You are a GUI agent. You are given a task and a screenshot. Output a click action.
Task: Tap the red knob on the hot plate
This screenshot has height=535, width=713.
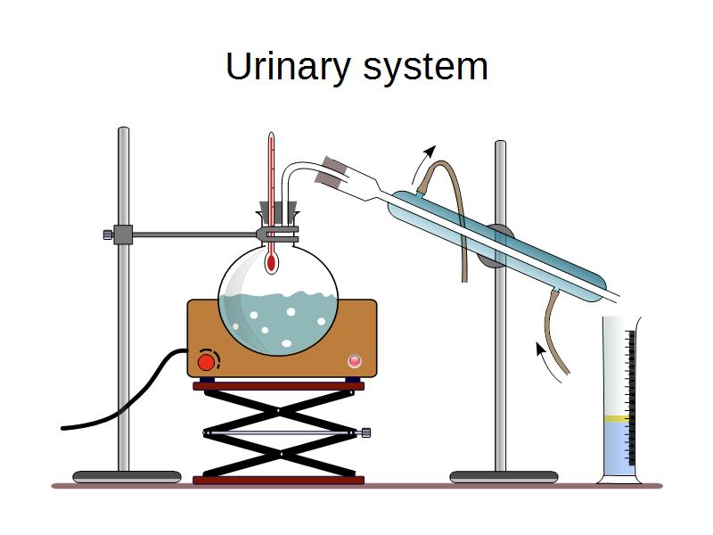(x=207, y=361)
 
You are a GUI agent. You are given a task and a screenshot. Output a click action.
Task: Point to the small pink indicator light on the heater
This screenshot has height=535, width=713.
(x=356, y=361)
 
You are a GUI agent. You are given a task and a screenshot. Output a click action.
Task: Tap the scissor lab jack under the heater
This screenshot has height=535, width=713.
(x=278, y=433)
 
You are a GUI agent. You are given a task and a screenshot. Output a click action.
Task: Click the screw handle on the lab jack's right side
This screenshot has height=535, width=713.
(x=365, y=433)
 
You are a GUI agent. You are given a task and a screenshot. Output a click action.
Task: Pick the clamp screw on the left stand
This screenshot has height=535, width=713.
(x=108, y=235)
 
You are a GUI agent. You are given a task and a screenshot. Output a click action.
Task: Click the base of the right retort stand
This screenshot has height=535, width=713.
(x=504, y=477)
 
